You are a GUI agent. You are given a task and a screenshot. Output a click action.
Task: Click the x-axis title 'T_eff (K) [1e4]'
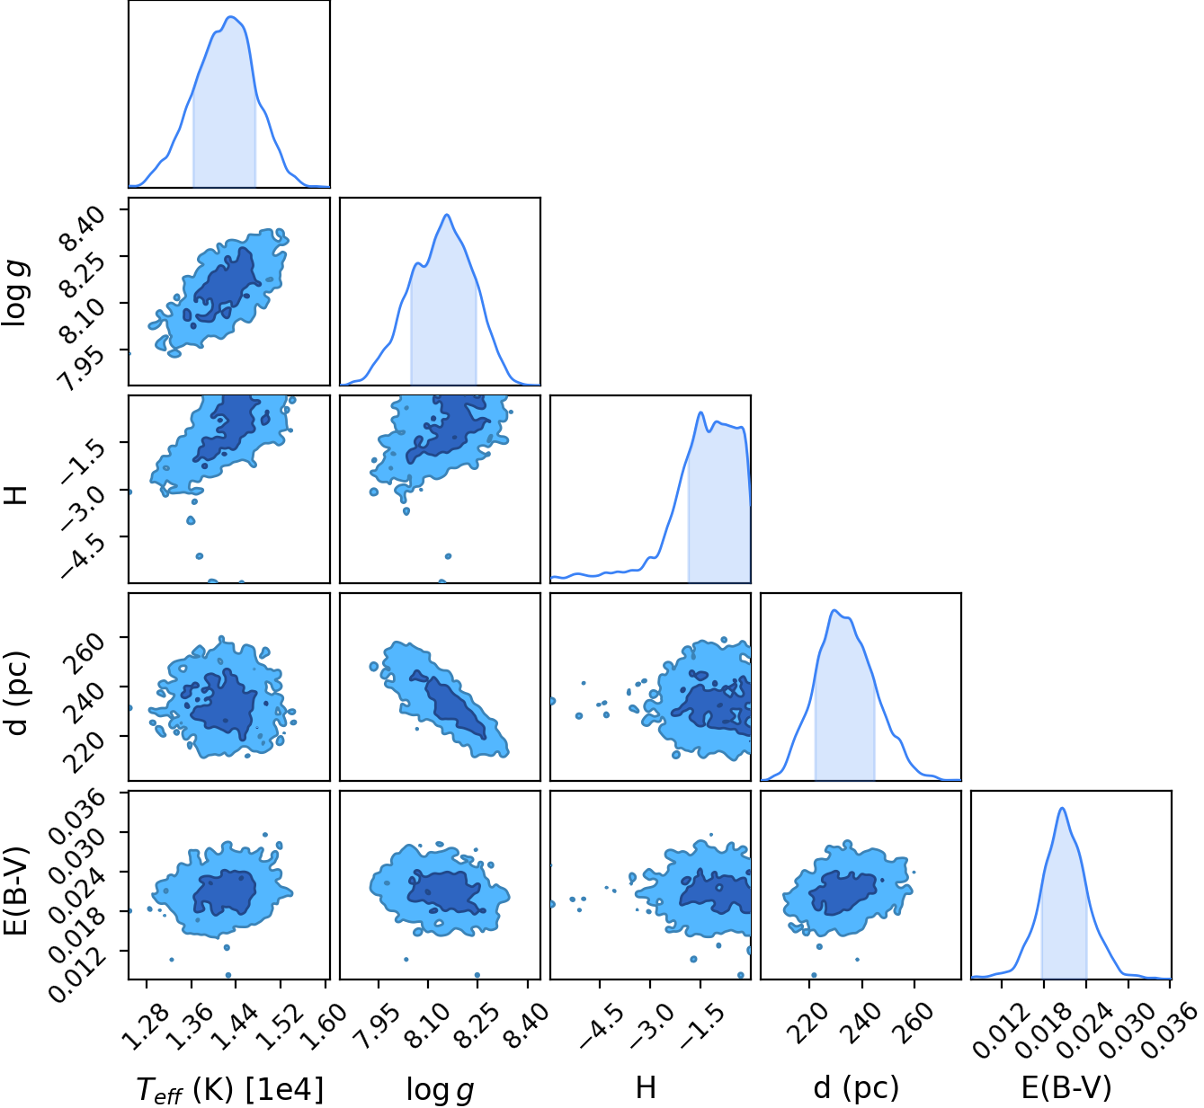230,1088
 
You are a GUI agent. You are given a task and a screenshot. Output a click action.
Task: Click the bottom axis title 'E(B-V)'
1066,1087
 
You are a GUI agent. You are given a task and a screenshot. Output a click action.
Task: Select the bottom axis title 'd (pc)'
856,1087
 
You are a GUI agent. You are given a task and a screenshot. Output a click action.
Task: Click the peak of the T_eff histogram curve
231,16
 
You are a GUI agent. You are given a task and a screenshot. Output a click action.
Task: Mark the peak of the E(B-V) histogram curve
1062,808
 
